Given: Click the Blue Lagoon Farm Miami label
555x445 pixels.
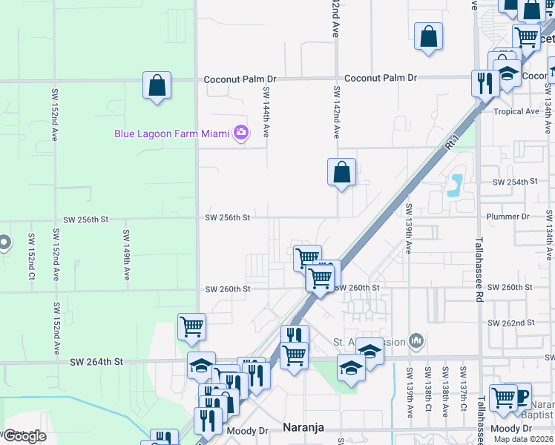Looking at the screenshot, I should (x=171, y=133).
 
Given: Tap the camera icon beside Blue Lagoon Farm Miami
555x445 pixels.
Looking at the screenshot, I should (x=240, y=133).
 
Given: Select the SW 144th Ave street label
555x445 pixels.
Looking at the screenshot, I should (x=265, y=111).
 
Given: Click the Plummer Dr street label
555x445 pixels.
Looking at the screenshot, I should (x=508, y=217).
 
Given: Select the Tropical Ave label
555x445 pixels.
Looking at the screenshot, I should (x=516, y=112).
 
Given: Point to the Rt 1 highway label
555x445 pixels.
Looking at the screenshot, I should (x=450, y=146).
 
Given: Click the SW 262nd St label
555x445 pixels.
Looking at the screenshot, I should (x=511, y=323).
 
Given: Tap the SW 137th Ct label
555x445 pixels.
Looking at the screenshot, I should (x=463, y=389).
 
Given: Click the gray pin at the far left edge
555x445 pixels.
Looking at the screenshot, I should (x=4, y=243).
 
